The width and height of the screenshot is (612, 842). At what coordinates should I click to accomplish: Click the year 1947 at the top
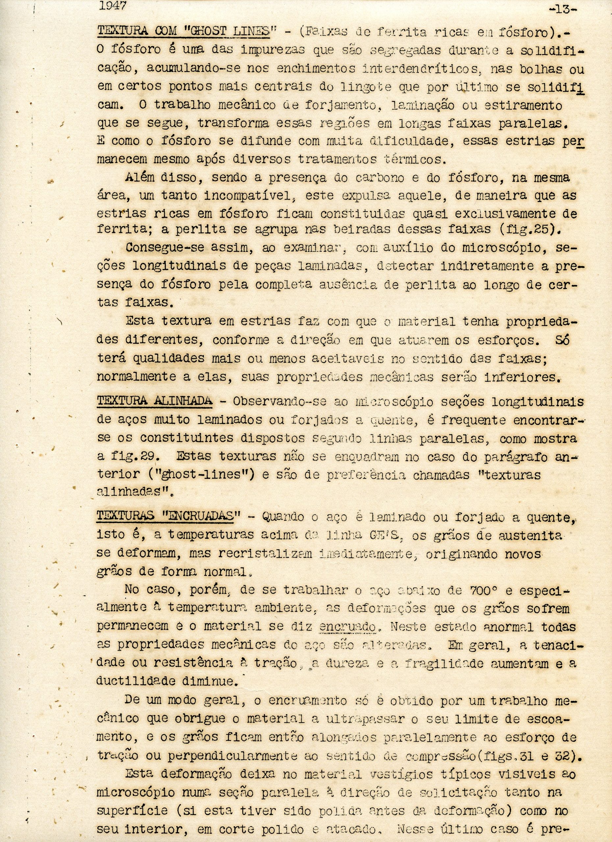tap(113, 6)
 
